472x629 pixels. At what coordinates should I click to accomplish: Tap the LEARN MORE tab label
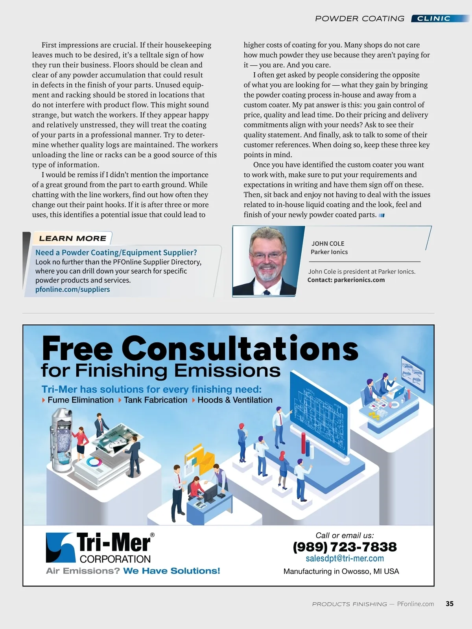pos(73,238)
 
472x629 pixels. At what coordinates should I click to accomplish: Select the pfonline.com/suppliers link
pos(73,289)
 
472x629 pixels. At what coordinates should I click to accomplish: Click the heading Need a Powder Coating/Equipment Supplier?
pos(116,252)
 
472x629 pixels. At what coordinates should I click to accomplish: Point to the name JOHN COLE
pos(328,244)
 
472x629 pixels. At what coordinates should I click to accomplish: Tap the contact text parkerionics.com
pos(359,280)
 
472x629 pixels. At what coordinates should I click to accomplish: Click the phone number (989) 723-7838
pos(345,547)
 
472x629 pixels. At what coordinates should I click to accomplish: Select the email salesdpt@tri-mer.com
pos(345,559)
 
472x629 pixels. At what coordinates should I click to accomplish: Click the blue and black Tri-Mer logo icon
pos(60,547)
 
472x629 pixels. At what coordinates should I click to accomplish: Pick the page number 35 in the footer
pos(450,604)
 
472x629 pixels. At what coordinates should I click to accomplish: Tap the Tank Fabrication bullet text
pos(155,400)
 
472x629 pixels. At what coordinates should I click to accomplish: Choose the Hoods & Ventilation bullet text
pos(235,400)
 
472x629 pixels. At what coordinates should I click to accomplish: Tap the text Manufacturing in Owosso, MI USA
pos(341,571)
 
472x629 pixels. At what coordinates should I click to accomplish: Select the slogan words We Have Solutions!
pos(171,571)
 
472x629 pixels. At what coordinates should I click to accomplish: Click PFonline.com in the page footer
pos(415,604)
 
